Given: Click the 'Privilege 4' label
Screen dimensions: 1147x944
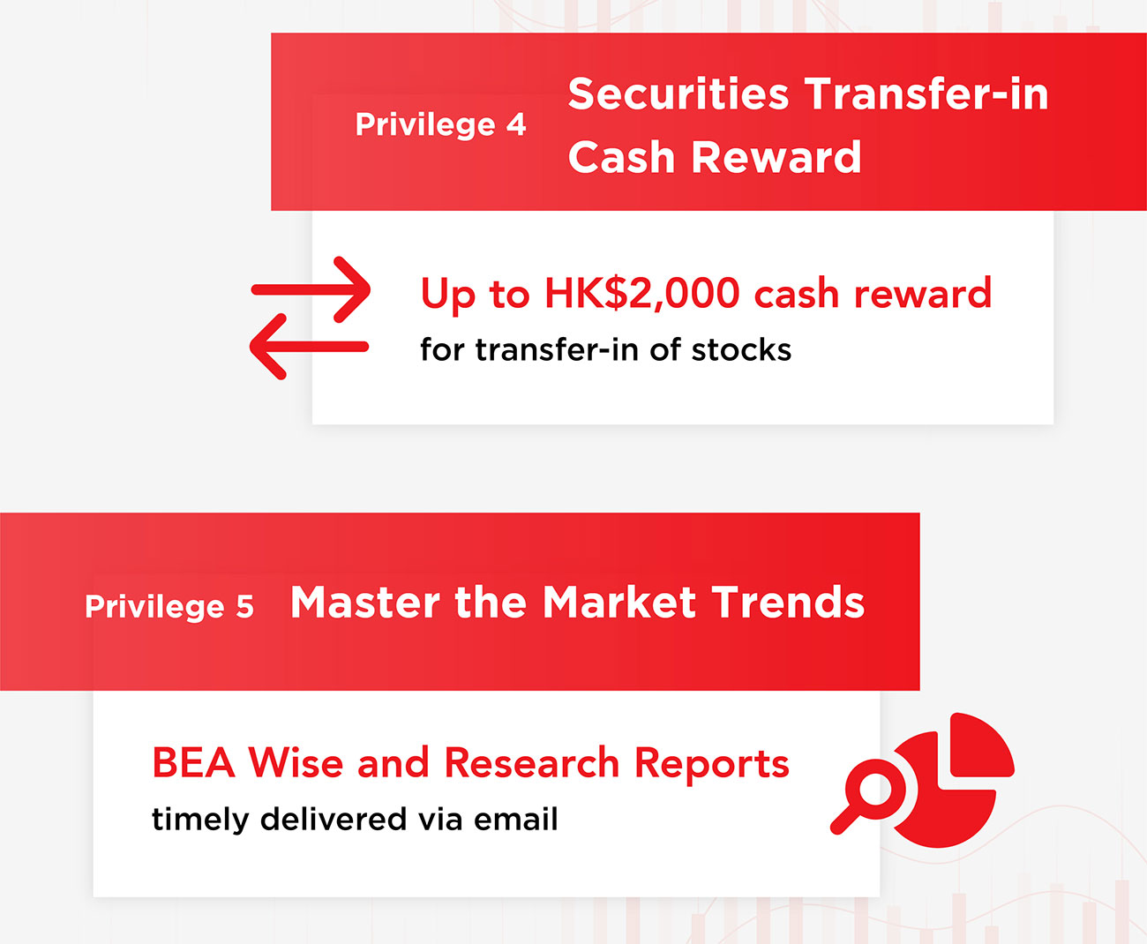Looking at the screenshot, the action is click(x=440, y=125).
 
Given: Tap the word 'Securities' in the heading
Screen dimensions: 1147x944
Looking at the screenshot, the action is click(x=678, y=94).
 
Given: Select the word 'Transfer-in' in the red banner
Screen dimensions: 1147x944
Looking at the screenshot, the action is click(x=926, y=94).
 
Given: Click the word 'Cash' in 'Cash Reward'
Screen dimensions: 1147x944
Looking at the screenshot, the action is click(x=621, y=157).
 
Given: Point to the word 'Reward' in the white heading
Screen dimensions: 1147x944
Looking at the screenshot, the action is click(x=776, y=157).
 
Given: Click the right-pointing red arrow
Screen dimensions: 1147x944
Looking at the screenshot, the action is click(x=311, y=289).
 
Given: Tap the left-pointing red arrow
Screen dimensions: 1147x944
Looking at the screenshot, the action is click(x=309, y=347).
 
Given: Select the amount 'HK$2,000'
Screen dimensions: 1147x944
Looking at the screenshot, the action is click(x=641, y=294).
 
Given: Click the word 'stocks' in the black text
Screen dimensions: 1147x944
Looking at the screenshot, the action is click(x=741, y=349).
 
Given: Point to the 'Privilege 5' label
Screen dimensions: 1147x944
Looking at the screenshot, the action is click(x=169, y=606).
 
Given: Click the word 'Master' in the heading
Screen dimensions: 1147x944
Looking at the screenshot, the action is click(x=365, y=603).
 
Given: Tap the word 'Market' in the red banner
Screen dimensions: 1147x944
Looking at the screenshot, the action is click(x=619, y=603).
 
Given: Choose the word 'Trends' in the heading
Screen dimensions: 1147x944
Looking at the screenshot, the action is click(x=789, y=603).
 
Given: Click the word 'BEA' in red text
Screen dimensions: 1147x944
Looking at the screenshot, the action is click(x=193, y=762).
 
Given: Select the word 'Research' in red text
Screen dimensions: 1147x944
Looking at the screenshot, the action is click(x=532, y=762).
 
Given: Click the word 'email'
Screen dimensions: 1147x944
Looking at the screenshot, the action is click(x=515, y=819).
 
